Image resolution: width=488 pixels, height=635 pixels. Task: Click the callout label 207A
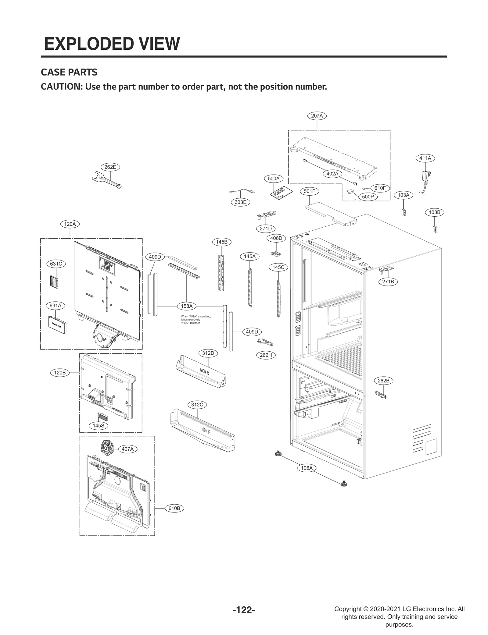[x=317, y=116]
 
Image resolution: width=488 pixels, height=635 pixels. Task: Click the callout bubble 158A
[x=186, y=306]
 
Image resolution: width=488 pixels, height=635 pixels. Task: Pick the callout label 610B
[x=174, y=508]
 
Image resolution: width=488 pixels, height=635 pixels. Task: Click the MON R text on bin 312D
[x=204, y=372]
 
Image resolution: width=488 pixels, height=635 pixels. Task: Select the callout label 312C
[x=197, y=405]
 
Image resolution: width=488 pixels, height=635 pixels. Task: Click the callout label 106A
[x=307, y=468]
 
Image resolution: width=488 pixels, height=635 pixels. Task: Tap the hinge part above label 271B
[x=386, y=269]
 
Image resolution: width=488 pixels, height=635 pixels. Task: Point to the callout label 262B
[x=383, y=381]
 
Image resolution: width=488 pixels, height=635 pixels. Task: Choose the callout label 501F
[x=309, y=191]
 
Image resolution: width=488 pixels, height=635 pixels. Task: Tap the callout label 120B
[x=60, y=372]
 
